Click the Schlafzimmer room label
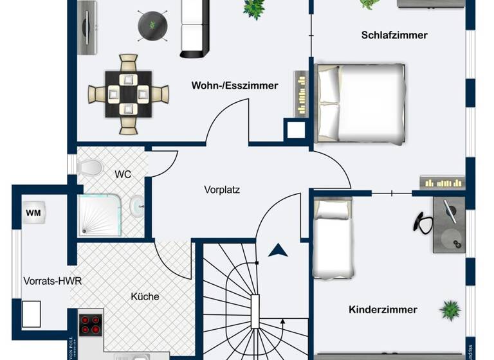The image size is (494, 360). [x=394, y=35]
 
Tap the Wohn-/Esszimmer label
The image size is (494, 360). [x=234, y=85]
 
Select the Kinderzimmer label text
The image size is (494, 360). [x=383, y=309]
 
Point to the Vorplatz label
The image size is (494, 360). [x=222, y=190]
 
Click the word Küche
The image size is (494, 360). [x=145, y=296]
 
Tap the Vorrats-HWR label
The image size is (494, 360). [x=52, y=281]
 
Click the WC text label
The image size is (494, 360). [x=123, y=174]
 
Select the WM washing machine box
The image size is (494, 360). [x=33, y=212]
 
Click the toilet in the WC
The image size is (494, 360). [x=90, y=168]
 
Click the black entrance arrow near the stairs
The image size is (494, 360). [x=278, y=250]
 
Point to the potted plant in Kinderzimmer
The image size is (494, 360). [x=450, y=310]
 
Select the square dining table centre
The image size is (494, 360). [x=128, y=94]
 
